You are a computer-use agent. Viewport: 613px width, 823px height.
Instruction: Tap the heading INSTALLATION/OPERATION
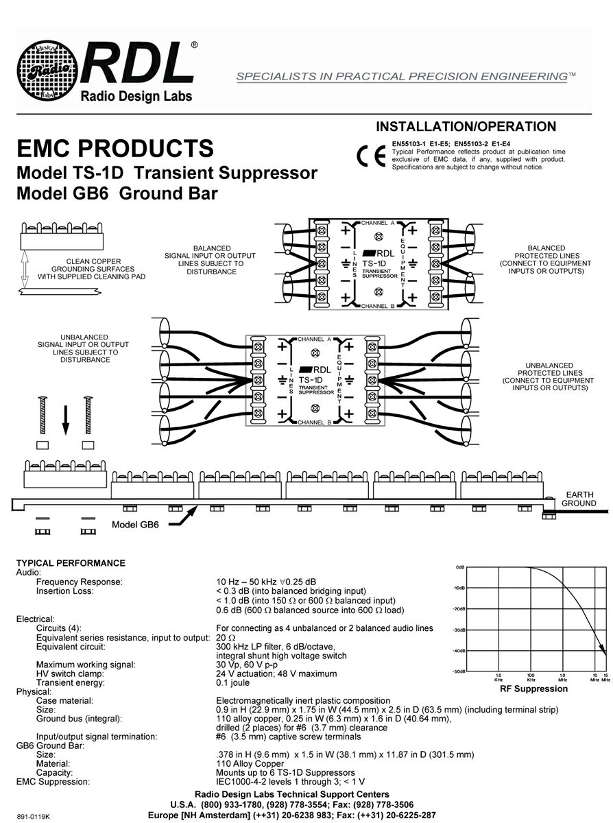point(466,127)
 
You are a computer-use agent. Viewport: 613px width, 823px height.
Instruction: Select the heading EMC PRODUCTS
point(115,149)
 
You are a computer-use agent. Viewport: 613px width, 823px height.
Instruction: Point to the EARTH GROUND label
point(579,499)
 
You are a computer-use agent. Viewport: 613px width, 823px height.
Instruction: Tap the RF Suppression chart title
point(533,689)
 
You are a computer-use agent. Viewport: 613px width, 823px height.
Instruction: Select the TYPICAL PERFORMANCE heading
point(71,563)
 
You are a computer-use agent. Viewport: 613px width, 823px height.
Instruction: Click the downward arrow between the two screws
point(66,419)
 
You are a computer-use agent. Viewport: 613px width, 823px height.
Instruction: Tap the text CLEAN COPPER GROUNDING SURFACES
point(94,268)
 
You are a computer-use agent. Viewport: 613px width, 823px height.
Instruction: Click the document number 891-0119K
point(35,815)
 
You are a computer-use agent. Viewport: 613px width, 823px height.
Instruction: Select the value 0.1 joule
point(233,682)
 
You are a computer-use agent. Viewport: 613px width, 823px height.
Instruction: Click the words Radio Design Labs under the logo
point(137,96)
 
